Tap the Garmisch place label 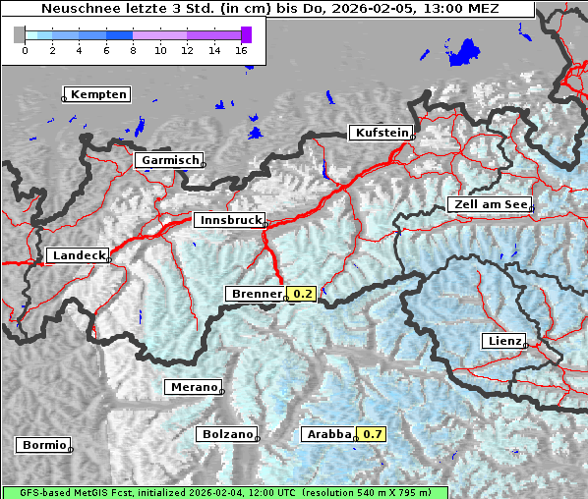pos(169,160)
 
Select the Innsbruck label pos(228,221)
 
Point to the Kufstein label pos(381,133)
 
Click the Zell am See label pos(490,204)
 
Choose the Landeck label pos(78,255)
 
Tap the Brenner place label pos(256,294)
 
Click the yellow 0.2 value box pos(302,294)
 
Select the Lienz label pos(503,341)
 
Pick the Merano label pos(193,387)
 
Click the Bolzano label pos(226,434)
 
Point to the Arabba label pos(327,434)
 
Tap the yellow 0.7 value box pos(371,434)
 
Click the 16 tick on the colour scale pos(242,50)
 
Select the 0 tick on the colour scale pos(25,50)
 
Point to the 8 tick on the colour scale pos(133,50)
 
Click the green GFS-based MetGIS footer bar pos(225,492)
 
